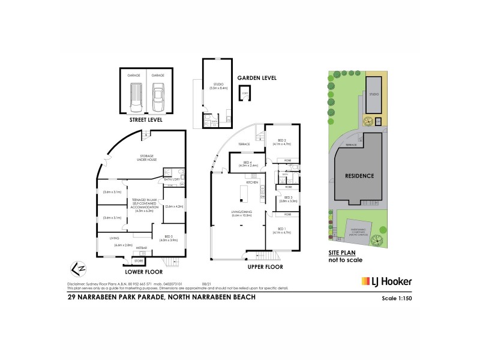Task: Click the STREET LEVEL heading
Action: (x=146, y=120)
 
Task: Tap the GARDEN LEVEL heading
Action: (x=257, y=78)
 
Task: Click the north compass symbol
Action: (x=74, y=266)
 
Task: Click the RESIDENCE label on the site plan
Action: (x=359, y=176)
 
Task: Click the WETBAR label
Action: (x=142, y=248)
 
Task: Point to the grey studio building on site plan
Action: (x=374, y=94)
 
